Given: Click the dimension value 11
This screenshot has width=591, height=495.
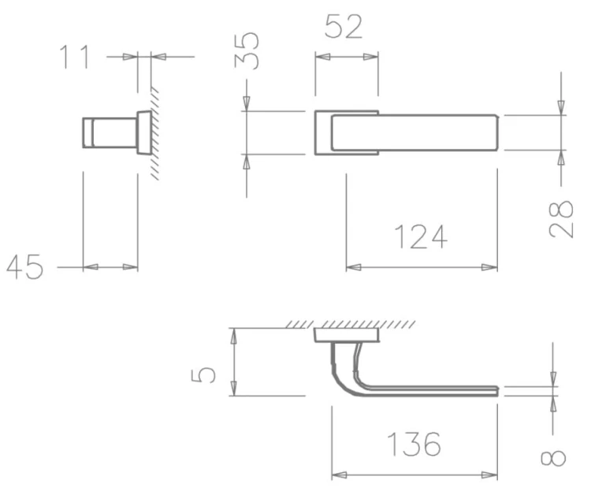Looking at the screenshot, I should [76, 57].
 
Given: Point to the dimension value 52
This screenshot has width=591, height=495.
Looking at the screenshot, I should [344, 27].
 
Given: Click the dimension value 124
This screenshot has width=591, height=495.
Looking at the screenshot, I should [420, 236].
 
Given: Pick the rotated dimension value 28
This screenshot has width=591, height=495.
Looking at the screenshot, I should [561, 219].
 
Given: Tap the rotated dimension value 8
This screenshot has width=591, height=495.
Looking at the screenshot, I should [555, 458].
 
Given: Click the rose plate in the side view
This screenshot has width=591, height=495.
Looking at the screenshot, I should [144, 132].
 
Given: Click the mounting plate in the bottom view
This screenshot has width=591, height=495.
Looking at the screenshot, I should [346, 335].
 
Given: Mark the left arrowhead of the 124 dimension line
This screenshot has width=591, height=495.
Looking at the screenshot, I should [352, 267].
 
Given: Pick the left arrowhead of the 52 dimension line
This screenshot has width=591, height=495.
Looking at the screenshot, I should [322, 57].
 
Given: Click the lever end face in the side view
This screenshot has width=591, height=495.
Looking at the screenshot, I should [87, 132].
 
